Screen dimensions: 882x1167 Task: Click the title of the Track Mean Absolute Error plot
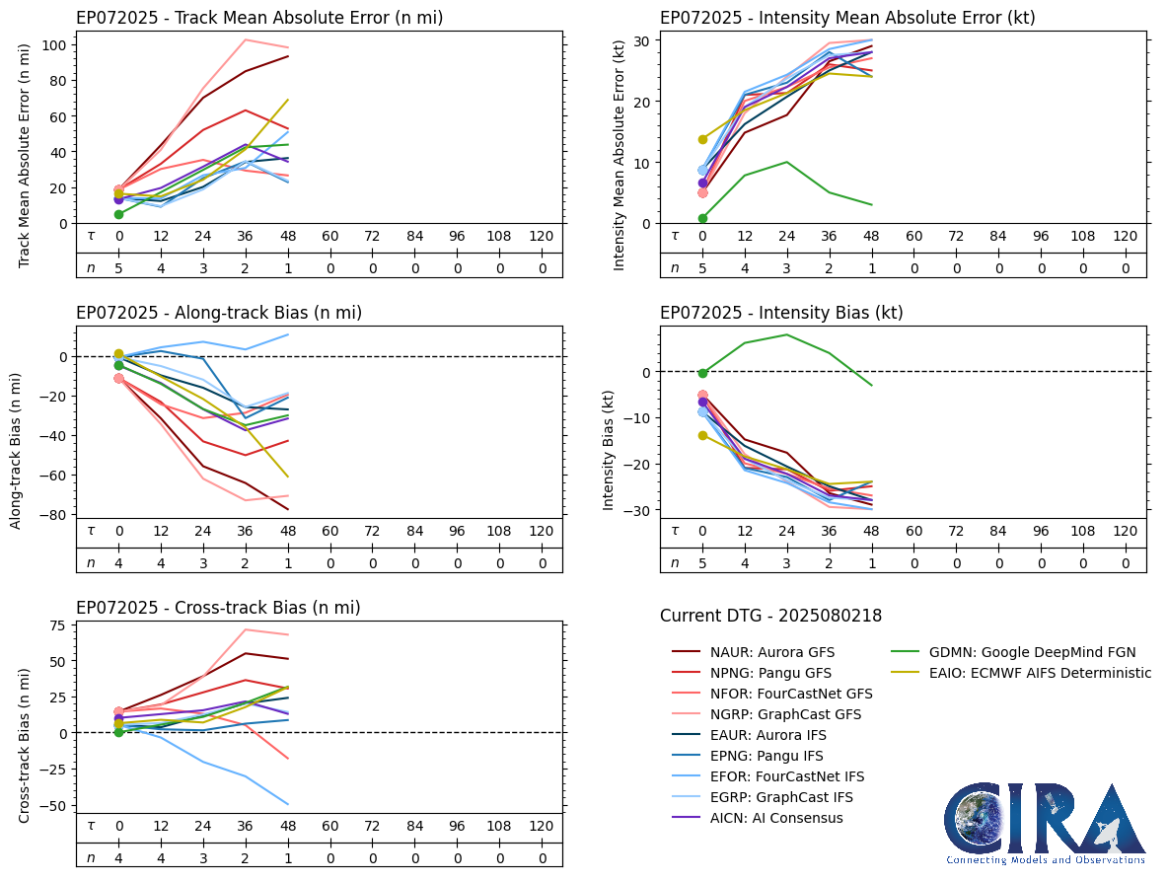[x=259, y=18]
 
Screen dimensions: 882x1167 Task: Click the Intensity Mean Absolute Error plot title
[x=847, y=18]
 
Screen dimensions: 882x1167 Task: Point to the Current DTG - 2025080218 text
[x=770, y=617]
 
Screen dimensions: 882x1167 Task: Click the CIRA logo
[x=1045, y=824]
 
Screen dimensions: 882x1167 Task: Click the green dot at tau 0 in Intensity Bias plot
[x=702, y=373]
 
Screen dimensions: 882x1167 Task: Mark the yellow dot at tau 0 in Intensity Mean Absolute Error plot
[x=702, y=139]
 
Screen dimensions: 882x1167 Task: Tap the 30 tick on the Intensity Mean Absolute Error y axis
[x=642, y=40]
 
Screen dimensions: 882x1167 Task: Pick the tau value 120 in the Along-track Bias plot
[x=541, y=532]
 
